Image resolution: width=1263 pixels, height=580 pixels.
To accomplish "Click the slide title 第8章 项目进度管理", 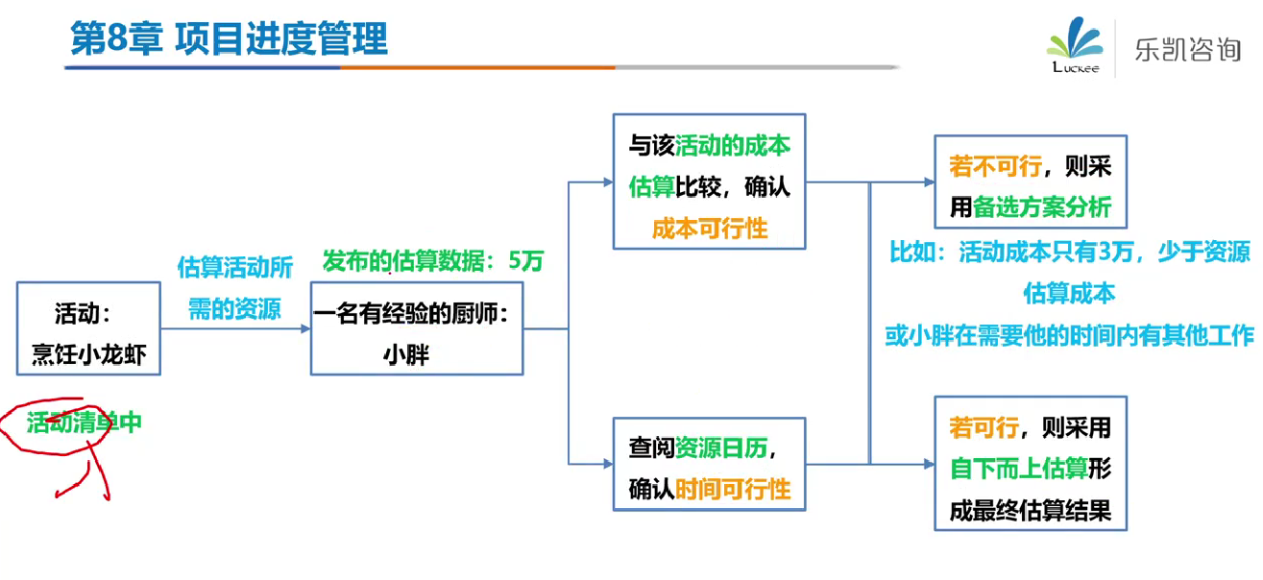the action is [229, 38].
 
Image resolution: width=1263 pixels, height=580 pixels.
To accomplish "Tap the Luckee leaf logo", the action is [1075, 45].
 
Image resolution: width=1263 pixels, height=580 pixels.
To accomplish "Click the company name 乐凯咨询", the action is [1187, 50].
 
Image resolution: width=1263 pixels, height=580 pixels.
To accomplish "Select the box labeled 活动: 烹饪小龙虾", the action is [88, 328].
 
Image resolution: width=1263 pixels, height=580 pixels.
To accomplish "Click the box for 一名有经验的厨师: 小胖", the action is [417, 328].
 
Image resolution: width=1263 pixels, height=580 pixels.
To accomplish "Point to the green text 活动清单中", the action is [84, 423].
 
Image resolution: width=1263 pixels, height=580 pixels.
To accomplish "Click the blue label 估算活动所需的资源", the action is [234, 288].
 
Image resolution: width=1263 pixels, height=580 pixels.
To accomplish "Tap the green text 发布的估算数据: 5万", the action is [433, 261].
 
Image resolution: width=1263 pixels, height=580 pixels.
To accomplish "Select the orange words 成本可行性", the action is [710, 229].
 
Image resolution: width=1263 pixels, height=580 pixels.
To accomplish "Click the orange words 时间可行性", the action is [733, 489].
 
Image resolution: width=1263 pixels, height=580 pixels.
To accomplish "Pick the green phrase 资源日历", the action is [721, 448].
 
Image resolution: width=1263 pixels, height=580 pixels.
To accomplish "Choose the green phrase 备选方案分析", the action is [1042, 207].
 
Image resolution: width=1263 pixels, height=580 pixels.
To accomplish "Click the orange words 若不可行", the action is [995, 166].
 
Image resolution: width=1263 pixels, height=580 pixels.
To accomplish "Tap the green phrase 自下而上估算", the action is [1019, 469].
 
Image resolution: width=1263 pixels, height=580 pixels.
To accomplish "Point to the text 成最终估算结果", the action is [1031, 511].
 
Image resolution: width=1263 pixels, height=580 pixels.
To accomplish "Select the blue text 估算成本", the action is [1070, 294].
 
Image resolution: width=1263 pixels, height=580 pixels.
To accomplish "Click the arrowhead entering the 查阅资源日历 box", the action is [608, 464].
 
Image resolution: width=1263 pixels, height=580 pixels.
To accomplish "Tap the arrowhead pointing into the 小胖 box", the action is [305, 328].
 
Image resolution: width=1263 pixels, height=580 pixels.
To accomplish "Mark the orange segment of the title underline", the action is [477, 67].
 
